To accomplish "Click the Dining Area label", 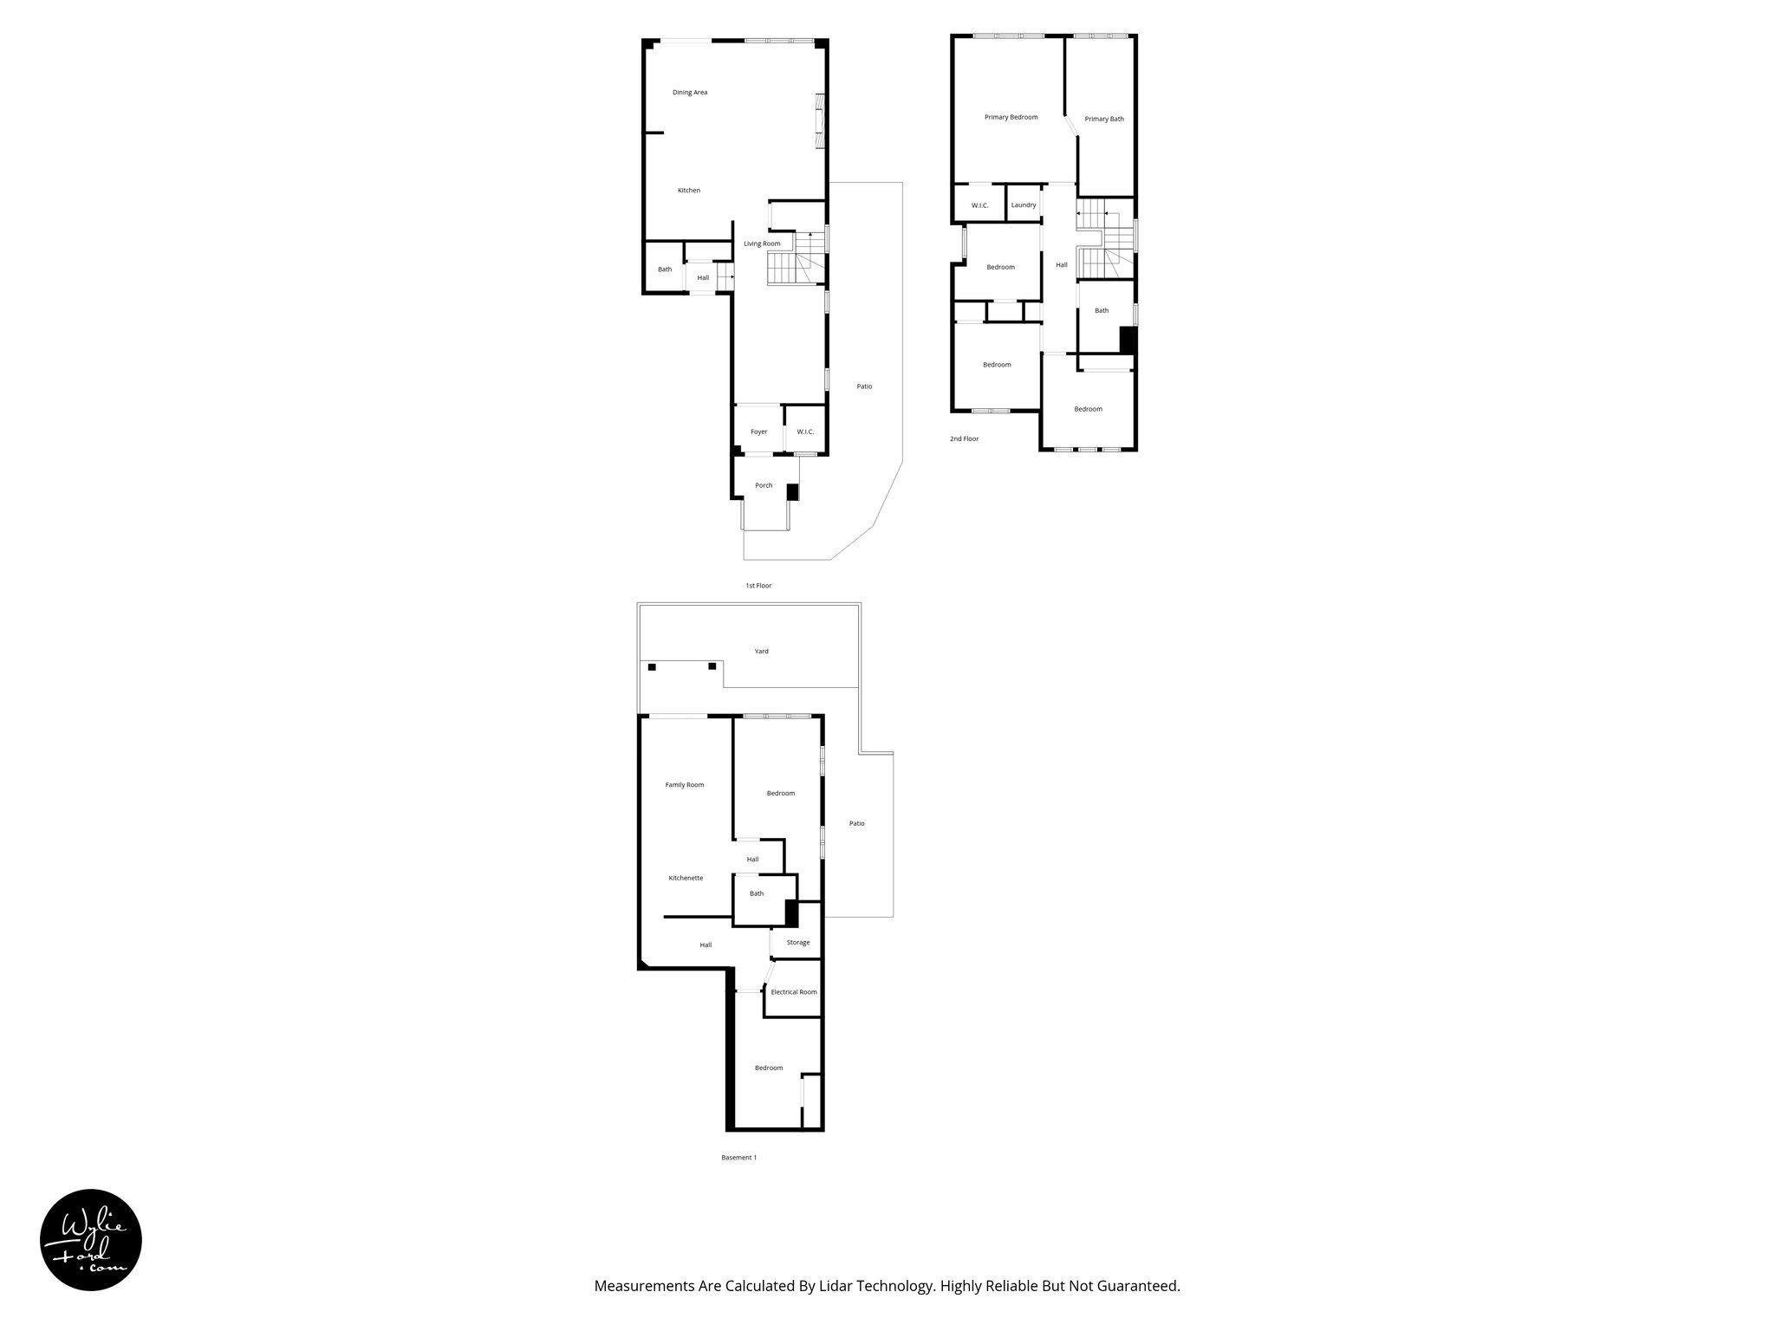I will pyautogui.click(x=690, y=93).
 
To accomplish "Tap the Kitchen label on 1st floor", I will pyautogui.click(x=689, y=191).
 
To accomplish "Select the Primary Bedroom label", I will pyautogui.click(x=1011, y=117).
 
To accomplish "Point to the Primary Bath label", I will pyautogui.click(x=1104, y=119).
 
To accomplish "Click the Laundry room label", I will pyautogui.click(x=1023, y=205).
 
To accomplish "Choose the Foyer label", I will pyautogui.click(x=758, y=432).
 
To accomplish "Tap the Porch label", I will pyautogui.click(x=764, y=485).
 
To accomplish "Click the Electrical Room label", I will pyautogui.click(x=794, y=992).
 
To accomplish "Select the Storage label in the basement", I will pyautogui.click(x=798, y=943).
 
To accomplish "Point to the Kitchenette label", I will pyautogui.click(x=686, y=878).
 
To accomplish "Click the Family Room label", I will pyautogui.click(x=685, y=785).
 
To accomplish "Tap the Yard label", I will pyautogui.click(x=761, y=651).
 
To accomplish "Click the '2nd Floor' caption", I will pyautogui.click(x=964, y=439).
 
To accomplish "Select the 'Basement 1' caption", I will pyautogui.click(x=738, y=1158).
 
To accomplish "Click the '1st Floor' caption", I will pyautogui.click(x=758, y=586).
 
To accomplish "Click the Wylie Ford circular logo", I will pyautogui.click(x=91, y=1240).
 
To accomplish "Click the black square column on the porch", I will pyautogui.click(x=792, y=492).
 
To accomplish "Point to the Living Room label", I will pyautogui.click(x=762, y=243).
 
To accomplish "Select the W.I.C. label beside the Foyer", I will pyautogui.click(x=805, y=432).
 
